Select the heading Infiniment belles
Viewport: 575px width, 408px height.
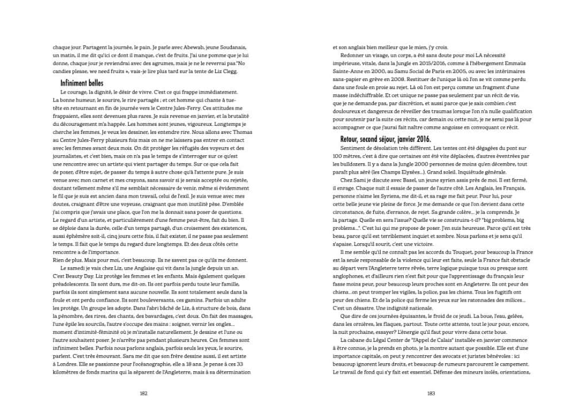81,83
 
